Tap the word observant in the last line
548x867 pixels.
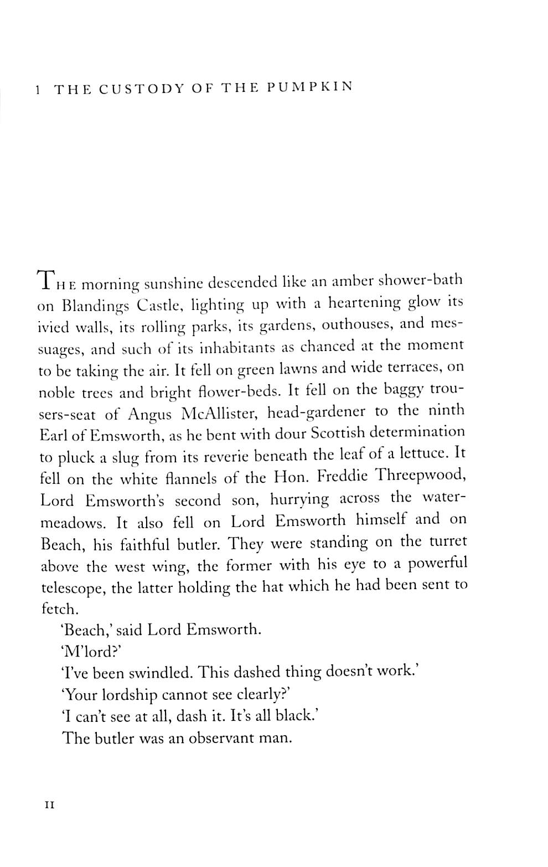220,739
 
